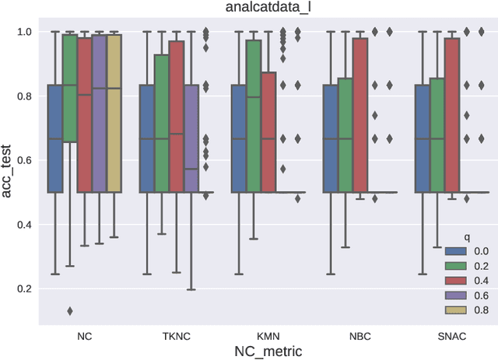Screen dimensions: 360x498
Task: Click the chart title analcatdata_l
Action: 270,9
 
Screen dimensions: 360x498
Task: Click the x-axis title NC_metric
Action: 270,351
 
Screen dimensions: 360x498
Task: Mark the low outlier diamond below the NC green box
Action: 70,311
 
